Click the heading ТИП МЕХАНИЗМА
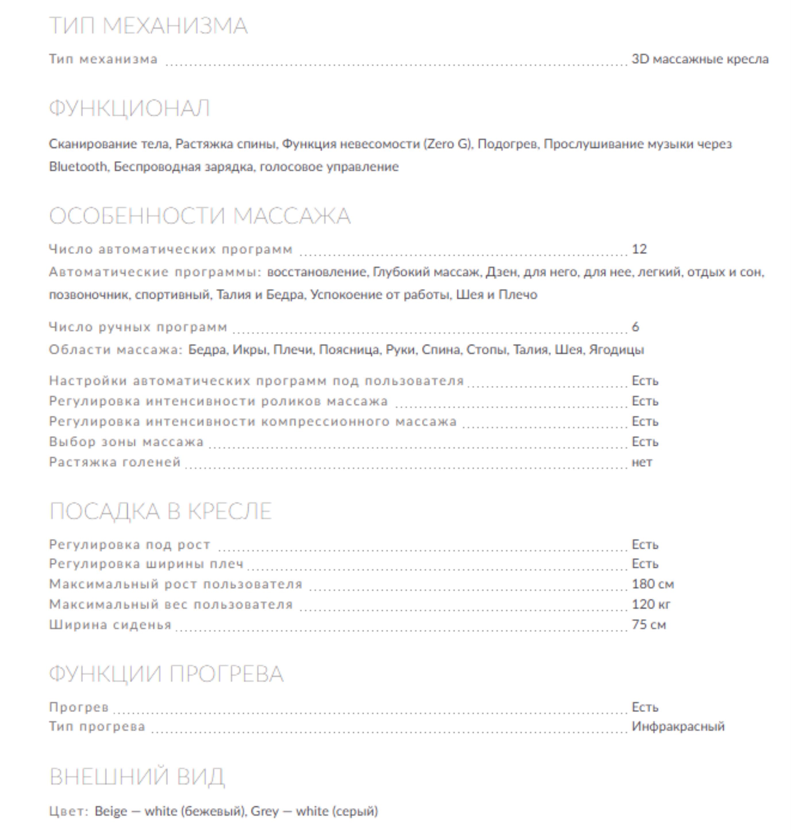tap(148, 26)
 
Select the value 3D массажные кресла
tap(699, 59)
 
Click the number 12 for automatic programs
tap(639, 249)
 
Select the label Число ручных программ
tap(138, 327)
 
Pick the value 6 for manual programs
tap(635, 327)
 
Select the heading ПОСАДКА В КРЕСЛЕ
tap(160, 511)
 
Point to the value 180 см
tap(652, 584)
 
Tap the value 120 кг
tap(651, 604)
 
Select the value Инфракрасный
tap(678, 726)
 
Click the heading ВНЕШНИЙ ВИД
tap(137, 777)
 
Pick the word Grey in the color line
tap(264, 811)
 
